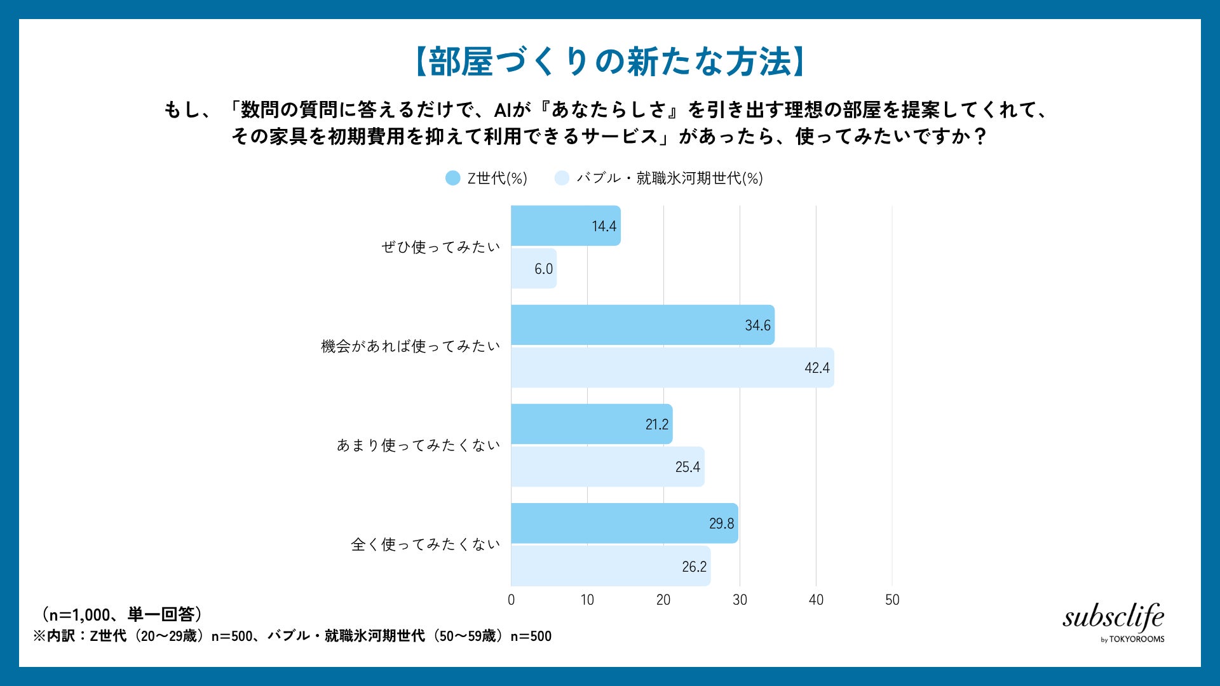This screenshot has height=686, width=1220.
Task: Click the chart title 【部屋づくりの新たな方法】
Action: point(610,62)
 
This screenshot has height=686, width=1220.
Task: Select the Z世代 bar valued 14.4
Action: point(566,225)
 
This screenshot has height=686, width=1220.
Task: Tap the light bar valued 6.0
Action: point(534,269)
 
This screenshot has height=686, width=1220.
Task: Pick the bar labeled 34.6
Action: point(643,325)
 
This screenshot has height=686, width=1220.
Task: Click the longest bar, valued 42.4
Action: point(672,368)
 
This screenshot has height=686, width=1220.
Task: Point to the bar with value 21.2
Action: point(592,424)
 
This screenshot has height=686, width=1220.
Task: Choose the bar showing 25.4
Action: point(608,467)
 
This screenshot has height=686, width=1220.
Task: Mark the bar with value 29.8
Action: point(625,523)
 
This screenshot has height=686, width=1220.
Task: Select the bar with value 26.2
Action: point(611,566)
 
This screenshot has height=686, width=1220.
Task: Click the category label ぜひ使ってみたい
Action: point(441,247)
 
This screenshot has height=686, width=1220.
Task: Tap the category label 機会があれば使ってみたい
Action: point(411,346)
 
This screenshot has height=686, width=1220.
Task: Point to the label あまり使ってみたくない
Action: point(419,445)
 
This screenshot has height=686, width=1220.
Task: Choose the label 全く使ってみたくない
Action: point(426,544)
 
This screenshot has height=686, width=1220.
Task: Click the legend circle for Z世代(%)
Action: point(452,178)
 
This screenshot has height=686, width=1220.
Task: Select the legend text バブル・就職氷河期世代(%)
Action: point(670,178)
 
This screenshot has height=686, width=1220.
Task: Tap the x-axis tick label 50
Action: point(892,600)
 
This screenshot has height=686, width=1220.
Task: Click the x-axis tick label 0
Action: point(512,600)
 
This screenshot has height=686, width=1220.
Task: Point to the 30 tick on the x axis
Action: point(740,600)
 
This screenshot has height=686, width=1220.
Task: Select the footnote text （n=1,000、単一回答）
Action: point(122,614)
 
